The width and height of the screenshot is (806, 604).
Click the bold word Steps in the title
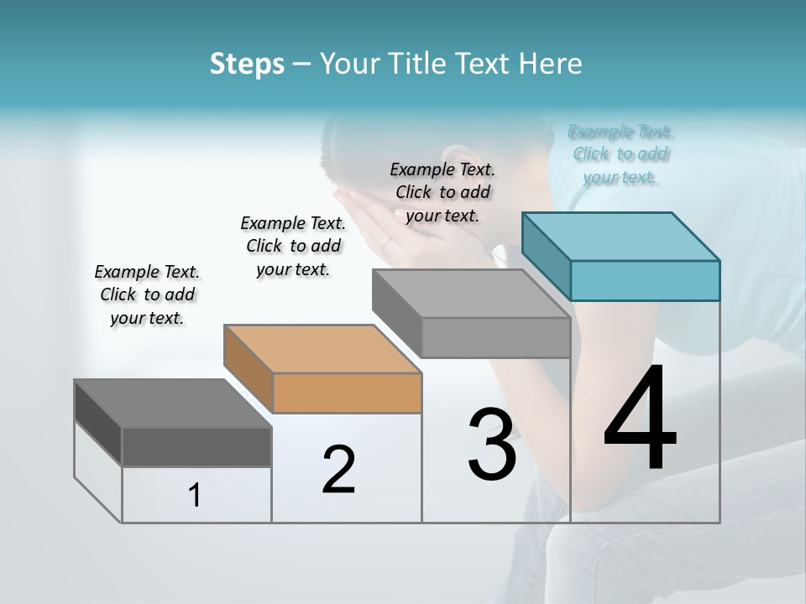pos(246,64)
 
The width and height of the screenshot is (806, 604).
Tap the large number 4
pos(641,419)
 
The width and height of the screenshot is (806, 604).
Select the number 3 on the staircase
pos(491,445)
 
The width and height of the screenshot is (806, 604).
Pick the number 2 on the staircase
pos(338,470)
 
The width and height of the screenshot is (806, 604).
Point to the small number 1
pos(195,496)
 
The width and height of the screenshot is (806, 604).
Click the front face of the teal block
pos(645,280)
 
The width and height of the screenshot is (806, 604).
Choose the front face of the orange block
pos(347,393)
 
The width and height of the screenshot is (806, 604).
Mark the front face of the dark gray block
pos(196,446)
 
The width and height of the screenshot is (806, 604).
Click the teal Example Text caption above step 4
pos(620,154)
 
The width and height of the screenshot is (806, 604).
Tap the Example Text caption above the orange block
pos(293,246)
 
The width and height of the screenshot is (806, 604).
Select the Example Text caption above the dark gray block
pos(147,294)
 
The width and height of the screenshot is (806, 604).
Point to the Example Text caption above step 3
pos(442,192)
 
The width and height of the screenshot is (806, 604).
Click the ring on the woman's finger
pos(386,243)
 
